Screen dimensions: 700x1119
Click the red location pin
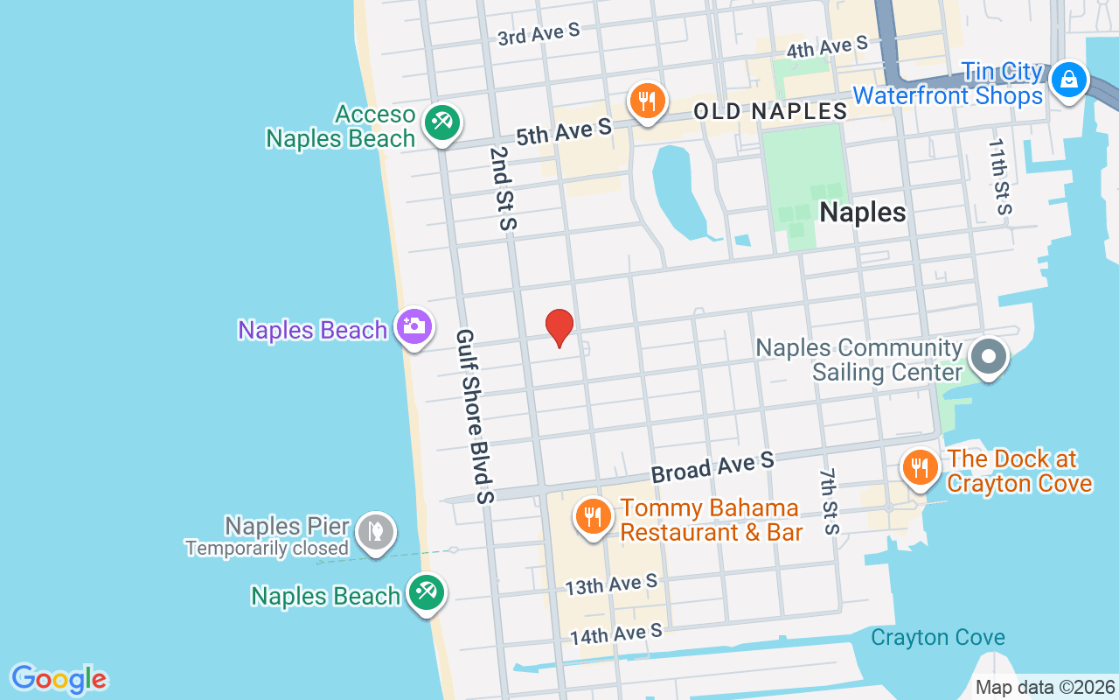coord(559,327)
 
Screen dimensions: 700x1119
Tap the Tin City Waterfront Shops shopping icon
coord(1068,81)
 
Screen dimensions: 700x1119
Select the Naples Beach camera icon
coord(414,327)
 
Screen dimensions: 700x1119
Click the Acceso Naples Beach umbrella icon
coord(442,122)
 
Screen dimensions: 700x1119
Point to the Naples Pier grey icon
coord(376,530)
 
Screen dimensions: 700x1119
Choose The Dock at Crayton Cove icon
coord(920,467)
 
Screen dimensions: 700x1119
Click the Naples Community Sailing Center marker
coord(989,357)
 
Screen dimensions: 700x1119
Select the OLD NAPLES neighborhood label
coord(770,111)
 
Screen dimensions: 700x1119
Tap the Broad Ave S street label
coord(712,466)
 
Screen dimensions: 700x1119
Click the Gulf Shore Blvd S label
coord(476,416)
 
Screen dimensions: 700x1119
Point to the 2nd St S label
coord(503,188)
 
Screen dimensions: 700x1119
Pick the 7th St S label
coord(830,501)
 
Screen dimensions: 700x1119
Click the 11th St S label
coord(999,176)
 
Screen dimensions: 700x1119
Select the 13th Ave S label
coord(611,584)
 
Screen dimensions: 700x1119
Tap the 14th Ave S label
coord(616,633)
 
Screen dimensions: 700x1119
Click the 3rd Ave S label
coord(539,33)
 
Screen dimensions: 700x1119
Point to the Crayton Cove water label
coord(938,637)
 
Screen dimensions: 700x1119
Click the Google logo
coord(59,679)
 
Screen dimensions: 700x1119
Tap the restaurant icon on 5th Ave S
coord(647,101)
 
